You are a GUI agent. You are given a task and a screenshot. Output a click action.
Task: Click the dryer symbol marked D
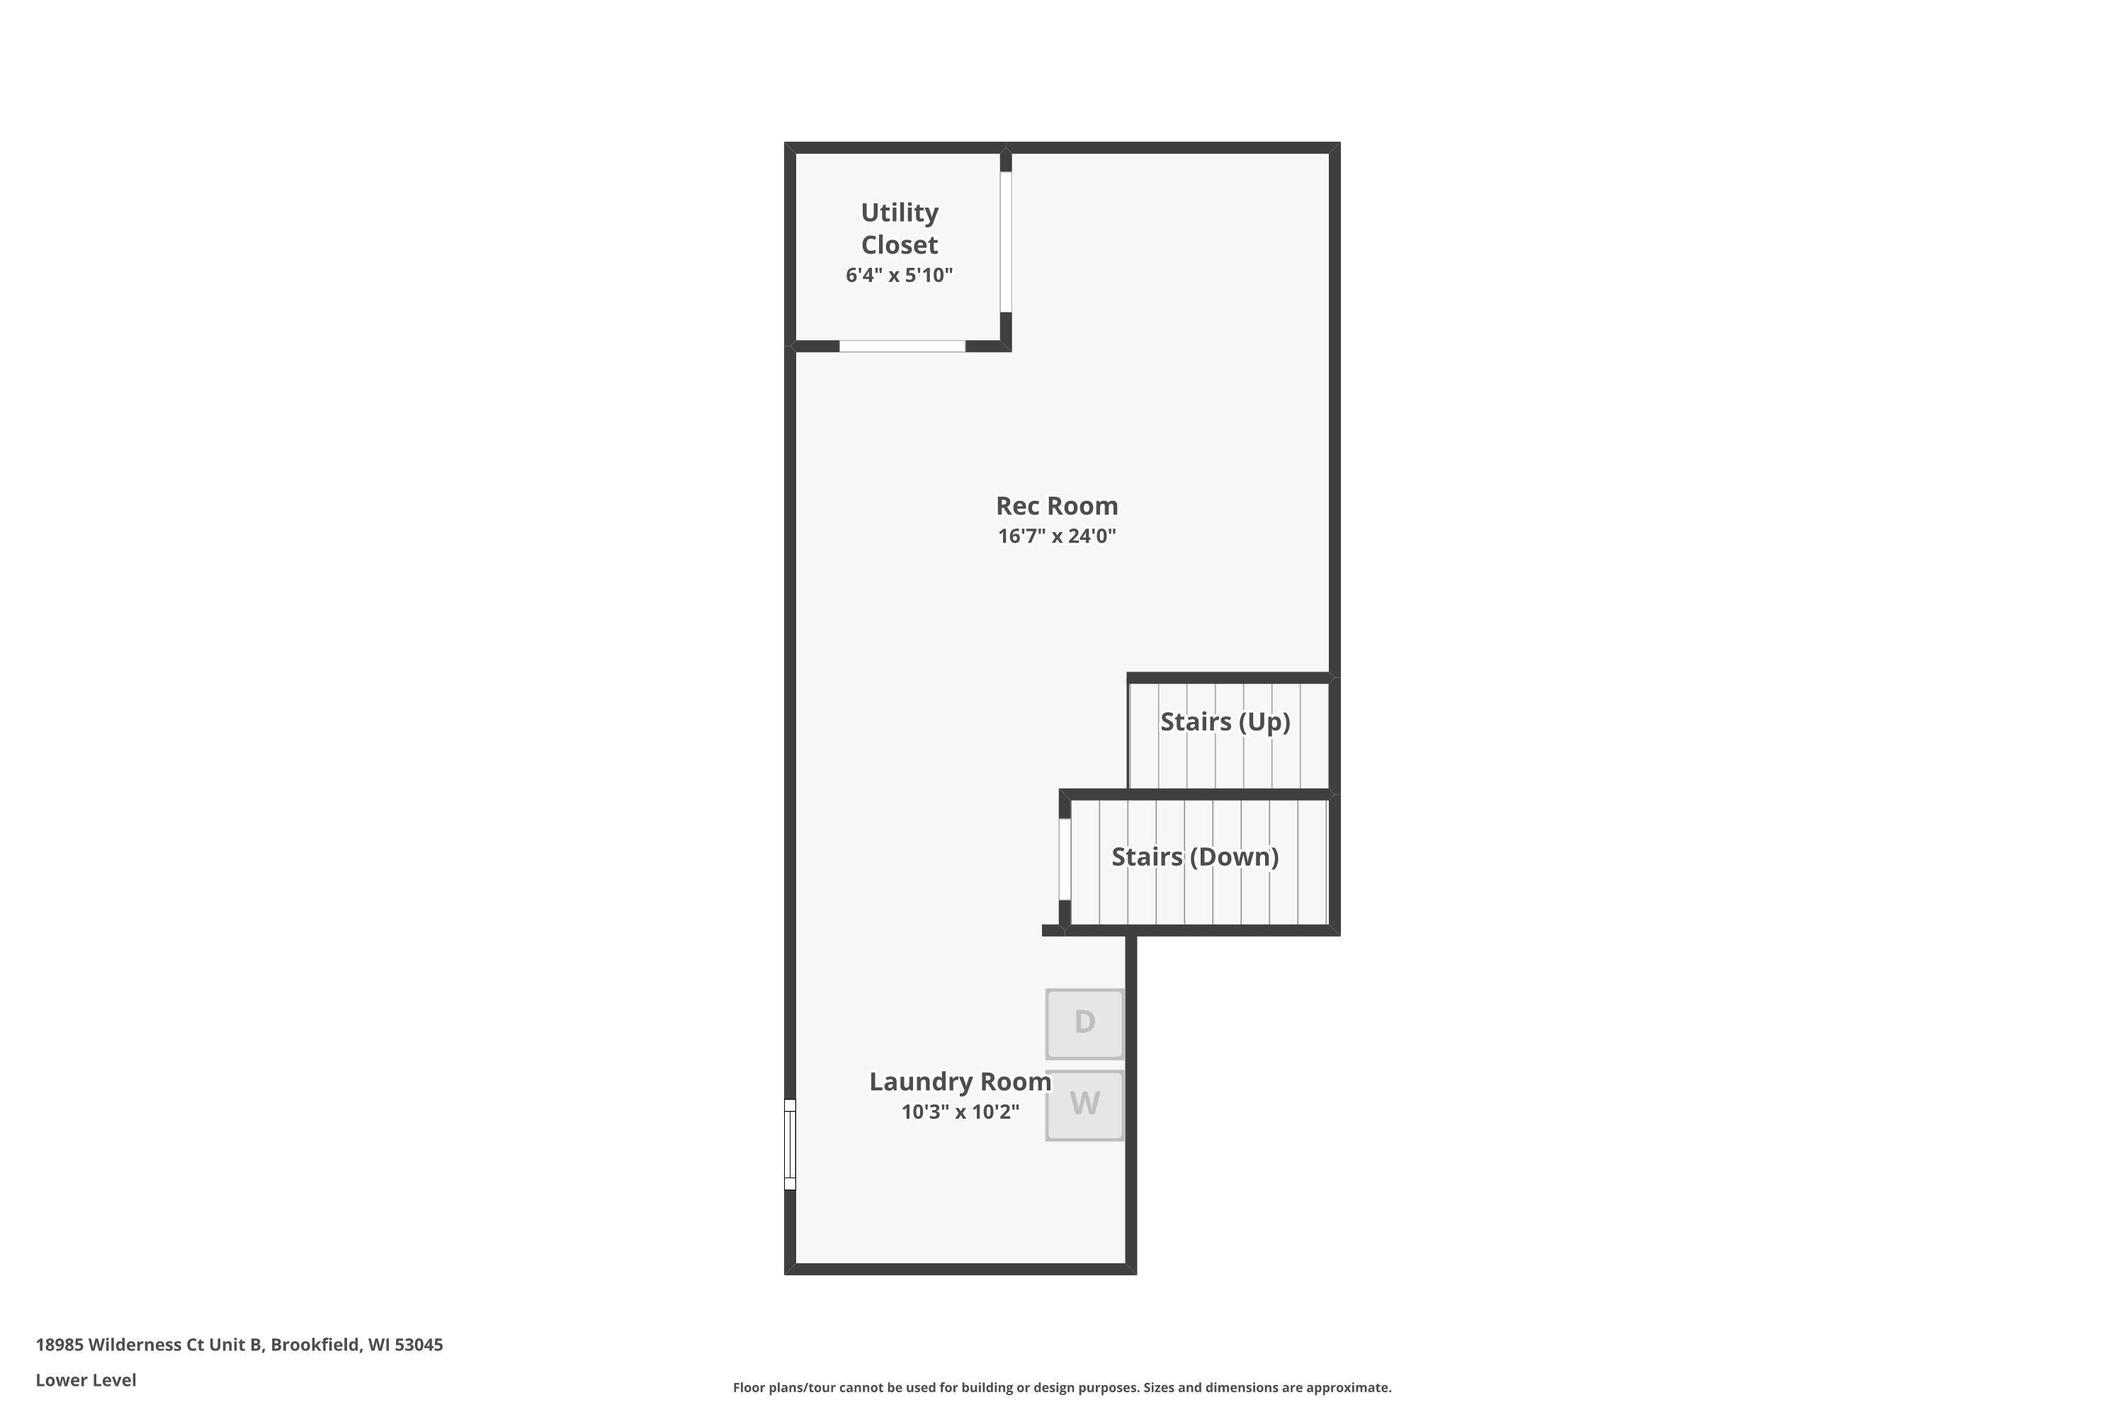1084,1023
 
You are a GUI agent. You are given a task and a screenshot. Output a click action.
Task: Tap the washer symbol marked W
1084,1105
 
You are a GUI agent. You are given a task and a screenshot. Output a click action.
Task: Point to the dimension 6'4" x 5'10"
899,276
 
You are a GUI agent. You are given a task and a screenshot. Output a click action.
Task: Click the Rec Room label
1056,506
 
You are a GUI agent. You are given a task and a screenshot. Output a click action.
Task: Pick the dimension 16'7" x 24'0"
1056,536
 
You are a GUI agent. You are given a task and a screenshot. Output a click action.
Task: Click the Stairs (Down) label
1194,857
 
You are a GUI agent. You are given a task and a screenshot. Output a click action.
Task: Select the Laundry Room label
960,1082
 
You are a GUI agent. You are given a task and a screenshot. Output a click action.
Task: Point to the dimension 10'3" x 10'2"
960,1112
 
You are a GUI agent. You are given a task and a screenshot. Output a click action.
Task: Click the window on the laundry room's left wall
790,1144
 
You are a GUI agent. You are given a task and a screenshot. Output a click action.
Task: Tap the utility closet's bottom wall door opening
902,346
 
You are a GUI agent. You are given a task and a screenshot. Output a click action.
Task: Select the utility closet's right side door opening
1006,242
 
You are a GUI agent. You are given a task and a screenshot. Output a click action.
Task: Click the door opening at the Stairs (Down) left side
1065,859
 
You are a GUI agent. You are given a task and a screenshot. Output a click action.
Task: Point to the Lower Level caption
86,1380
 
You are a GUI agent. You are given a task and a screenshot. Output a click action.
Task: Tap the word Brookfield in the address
314,1345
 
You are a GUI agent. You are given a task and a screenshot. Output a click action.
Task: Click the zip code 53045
419,1345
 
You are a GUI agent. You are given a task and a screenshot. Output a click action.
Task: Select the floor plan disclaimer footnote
1062,1387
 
